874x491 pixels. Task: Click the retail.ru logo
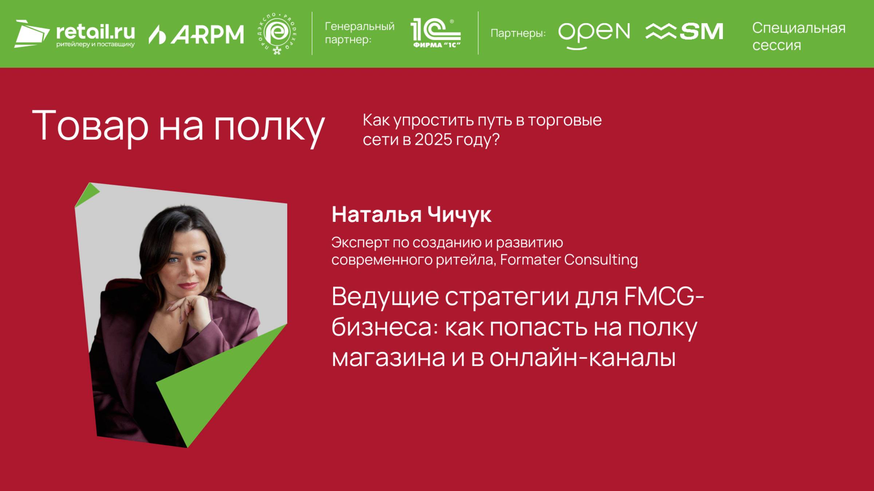(x=75, y=34)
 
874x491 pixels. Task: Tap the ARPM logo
(x=196, y=34)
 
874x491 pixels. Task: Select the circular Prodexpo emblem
(x=277, y=34)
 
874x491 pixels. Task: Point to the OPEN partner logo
(x=594, y=34)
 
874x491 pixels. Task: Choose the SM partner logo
(x=684, y=32)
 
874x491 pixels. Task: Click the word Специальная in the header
(x=799, y=28)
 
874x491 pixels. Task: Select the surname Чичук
(x=459, y=215)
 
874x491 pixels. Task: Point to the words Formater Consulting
(x=569, y=260)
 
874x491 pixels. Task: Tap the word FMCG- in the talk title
(x=664, y=296)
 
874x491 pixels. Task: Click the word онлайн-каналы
(x=582, y=358)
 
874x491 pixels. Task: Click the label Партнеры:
(x=518, y=33)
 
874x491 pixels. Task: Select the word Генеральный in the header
(x=359, y=26)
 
